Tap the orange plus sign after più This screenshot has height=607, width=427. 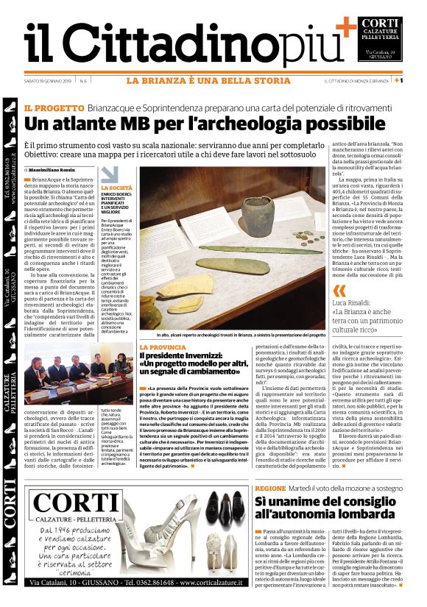[x=346, y=26]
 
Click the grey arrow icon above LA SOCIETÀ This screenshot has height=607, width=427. [x=110, y=174]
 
